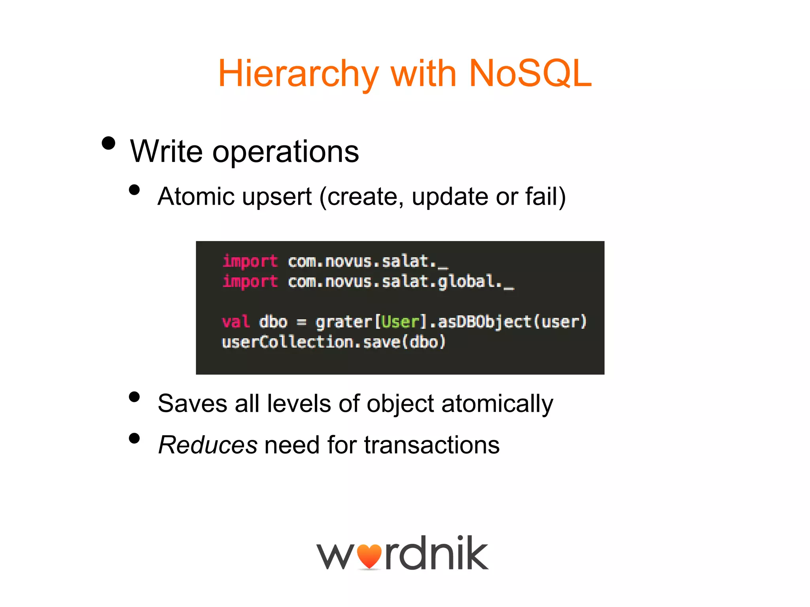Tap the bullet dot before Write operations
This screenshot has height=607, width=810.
(x=108, y=143)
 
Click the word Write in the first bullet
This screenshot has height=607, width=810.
(x=166, y=151)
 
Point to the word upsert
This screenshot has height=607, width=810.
(x=277, y=197)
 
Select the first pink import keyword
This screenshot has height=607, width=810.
(x=250, y=262)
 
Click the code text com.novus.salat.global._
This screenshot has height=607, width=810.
(x=401, y=282)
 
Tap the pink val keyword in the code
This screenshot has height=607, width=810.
(x=236, y=322)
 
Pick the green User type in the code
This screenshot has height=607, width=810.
(x=400, y=322)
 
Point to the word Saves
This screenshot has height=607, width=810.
(x=192, y=404)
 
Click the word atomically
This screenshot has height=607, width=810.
(x=497, y=404)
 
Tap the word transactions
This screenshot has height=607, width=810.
(x=431, y=445)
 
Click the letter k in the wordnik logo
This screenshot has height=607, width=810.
(x=473, y=553)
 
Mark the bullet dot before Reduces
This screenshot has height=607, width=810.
(x=134, y=438)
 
